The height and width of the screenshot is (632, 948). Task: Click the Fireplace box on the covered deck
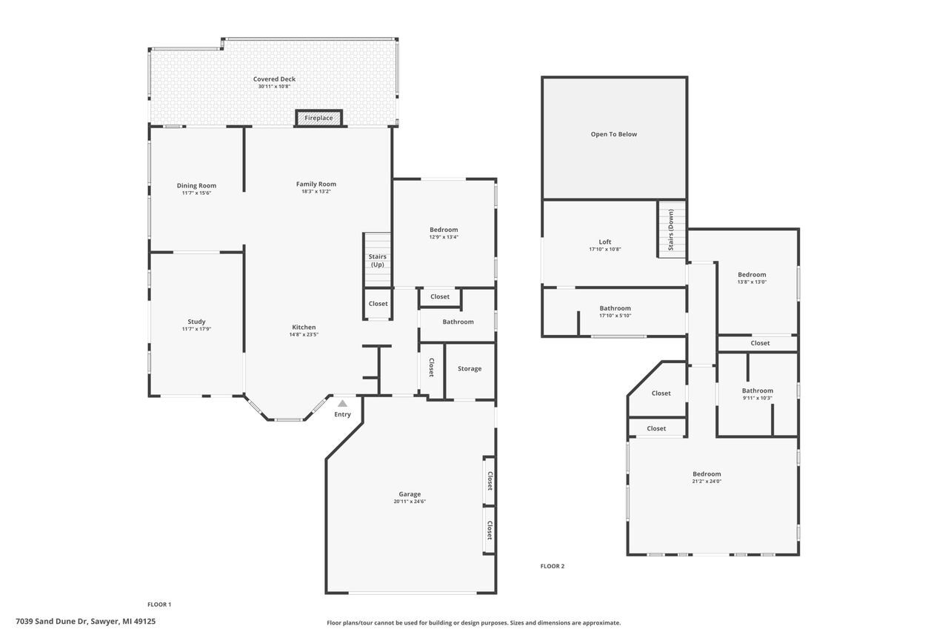[319, 118]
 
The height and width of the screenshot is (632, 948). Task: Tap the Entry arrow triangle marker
[342, 404]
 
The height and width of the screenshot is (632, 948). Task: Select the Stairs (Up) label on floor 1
[377, 260]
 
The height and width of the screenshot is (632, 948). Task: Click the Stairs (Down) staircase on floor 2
[671, 230]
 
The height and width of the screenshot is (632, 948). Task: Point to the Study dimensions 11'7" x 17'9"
[196, 329]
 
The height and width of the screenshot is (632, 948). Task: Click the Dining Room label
[196, 185]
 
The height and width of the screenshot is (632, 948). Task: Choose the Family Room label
[316, 184]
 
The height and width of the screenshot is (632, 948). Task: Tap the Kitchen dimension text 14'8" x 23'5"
[304, 334]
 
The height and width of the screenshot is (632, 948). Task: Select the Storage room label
[470, 368]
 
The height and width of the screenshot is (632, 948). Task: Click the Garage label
[410, 494]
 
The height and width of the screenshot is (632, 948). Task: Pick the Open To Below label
[613, 134]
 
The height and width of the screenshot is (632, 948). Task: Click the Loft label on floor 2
[605, 242]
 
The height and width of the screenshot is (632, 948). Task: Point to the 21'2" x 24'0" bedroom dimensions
[707, 481]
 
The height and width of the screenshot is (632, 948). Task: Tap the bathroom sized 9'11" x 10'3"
[757, 394]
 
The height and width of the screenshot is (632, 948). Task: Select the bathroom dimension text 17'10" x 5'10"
[615, 316]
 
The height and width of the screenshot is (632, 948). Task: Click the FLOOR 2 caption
[552, 566]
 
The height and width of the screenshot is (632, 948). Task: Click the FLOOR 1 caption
[159, 604]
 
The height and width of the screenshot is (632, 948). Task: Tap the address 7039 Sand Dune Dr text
[85, 622]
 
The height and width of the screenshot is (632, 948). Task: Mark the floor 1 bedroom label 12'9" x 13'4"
[444, 236]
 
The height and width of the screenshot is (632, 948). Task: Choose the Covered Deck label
[274, 79]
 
